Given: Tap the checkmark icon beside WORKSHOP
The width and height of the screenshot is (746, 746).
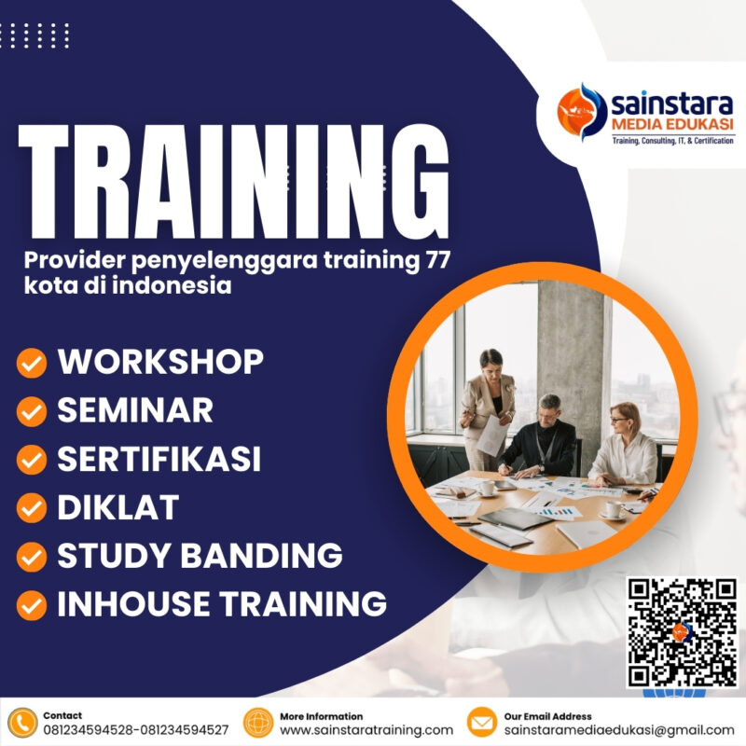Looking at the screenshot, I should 32,363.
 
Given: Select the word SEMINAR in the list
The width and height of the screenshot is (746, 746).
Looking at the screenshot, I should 135,409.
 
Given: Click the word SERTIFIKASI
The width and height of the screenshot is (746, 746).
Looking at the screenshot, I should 159,458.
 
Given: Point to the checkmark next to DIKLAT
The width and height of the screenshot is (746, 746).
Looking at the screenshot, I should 32,508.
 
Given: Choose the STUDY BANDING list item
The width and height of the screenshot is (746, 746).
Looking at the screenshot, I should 200,556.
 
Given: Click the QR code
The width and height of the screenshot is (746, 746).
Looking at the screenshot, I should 682,632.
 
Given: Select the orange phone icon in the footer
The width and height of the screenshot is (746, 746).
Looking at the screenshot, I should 21,724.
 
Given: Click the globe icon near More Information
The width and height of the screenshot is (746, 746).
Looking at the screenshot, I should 258,724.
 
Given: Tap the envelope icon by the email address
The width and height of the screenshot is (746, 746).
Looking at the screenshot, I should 482,724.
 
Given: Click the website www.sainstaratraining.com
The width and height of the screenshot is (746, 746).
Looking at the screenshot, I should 366,730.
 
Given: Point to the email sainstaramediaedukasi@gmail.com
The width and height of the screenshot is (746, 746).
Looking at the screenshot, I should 619,730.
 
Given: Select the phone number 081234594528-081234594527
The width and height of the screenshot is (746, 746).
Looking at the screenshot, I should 135,730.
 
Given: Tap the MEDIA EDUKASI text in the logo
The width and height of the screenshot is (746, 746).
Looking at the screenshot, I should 671,125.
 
